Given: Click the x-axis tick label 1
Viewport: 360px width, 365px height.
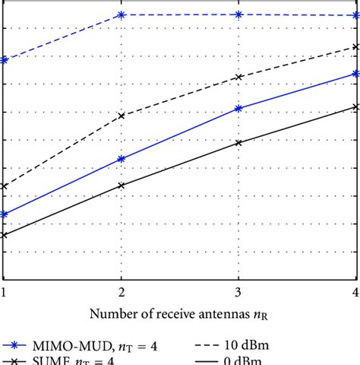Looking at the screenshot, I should [x=5, y=292].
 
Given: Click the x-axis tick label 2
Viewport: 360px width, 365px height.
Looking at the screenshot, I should [x=121, y=292].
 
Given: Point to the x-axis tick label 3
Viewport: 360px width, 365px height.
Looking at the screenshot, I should [x=238, y=292].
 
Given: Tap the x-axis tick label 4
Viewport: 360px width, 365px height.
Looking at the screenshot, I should [x=355, y=292].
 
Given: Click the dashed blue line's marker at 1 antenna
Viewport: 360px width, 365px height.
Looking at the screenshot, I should [x=5, y=60].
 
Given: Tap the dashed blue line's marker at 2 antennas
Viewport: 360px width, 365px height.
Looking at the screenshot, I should [x=121, y=15].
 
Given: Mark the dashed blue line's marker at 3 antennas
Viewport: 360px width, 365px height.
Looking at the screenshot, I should [x=238, y=14].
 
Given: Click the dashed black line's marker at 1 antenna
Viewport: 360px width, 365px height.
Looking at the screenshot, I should [x=5, y=186].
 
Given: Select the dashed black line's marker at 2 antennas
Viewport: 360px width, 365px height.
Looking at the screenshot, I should [x=121, y=116].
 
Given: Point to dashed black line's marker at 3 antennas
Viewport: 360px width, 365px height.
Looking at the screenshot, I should [x=238, y=78].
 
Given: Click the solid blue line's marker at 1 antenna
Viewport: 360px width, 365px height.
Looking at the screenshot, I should [x=5, y=214].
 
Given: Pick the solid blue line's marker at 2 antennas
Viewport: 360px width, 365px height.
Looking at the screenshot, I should [x=121, y=159].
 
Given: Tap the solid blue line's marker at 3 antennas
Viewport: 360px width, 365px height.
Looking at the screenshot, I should [x=238, y=109].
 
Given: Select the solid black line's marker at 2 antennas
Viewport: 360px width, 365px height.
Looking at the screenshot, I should [x=121, y=186].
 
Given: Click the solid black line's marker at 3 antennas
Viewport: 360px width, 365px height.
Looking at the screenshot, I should [x=238, y=142].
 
